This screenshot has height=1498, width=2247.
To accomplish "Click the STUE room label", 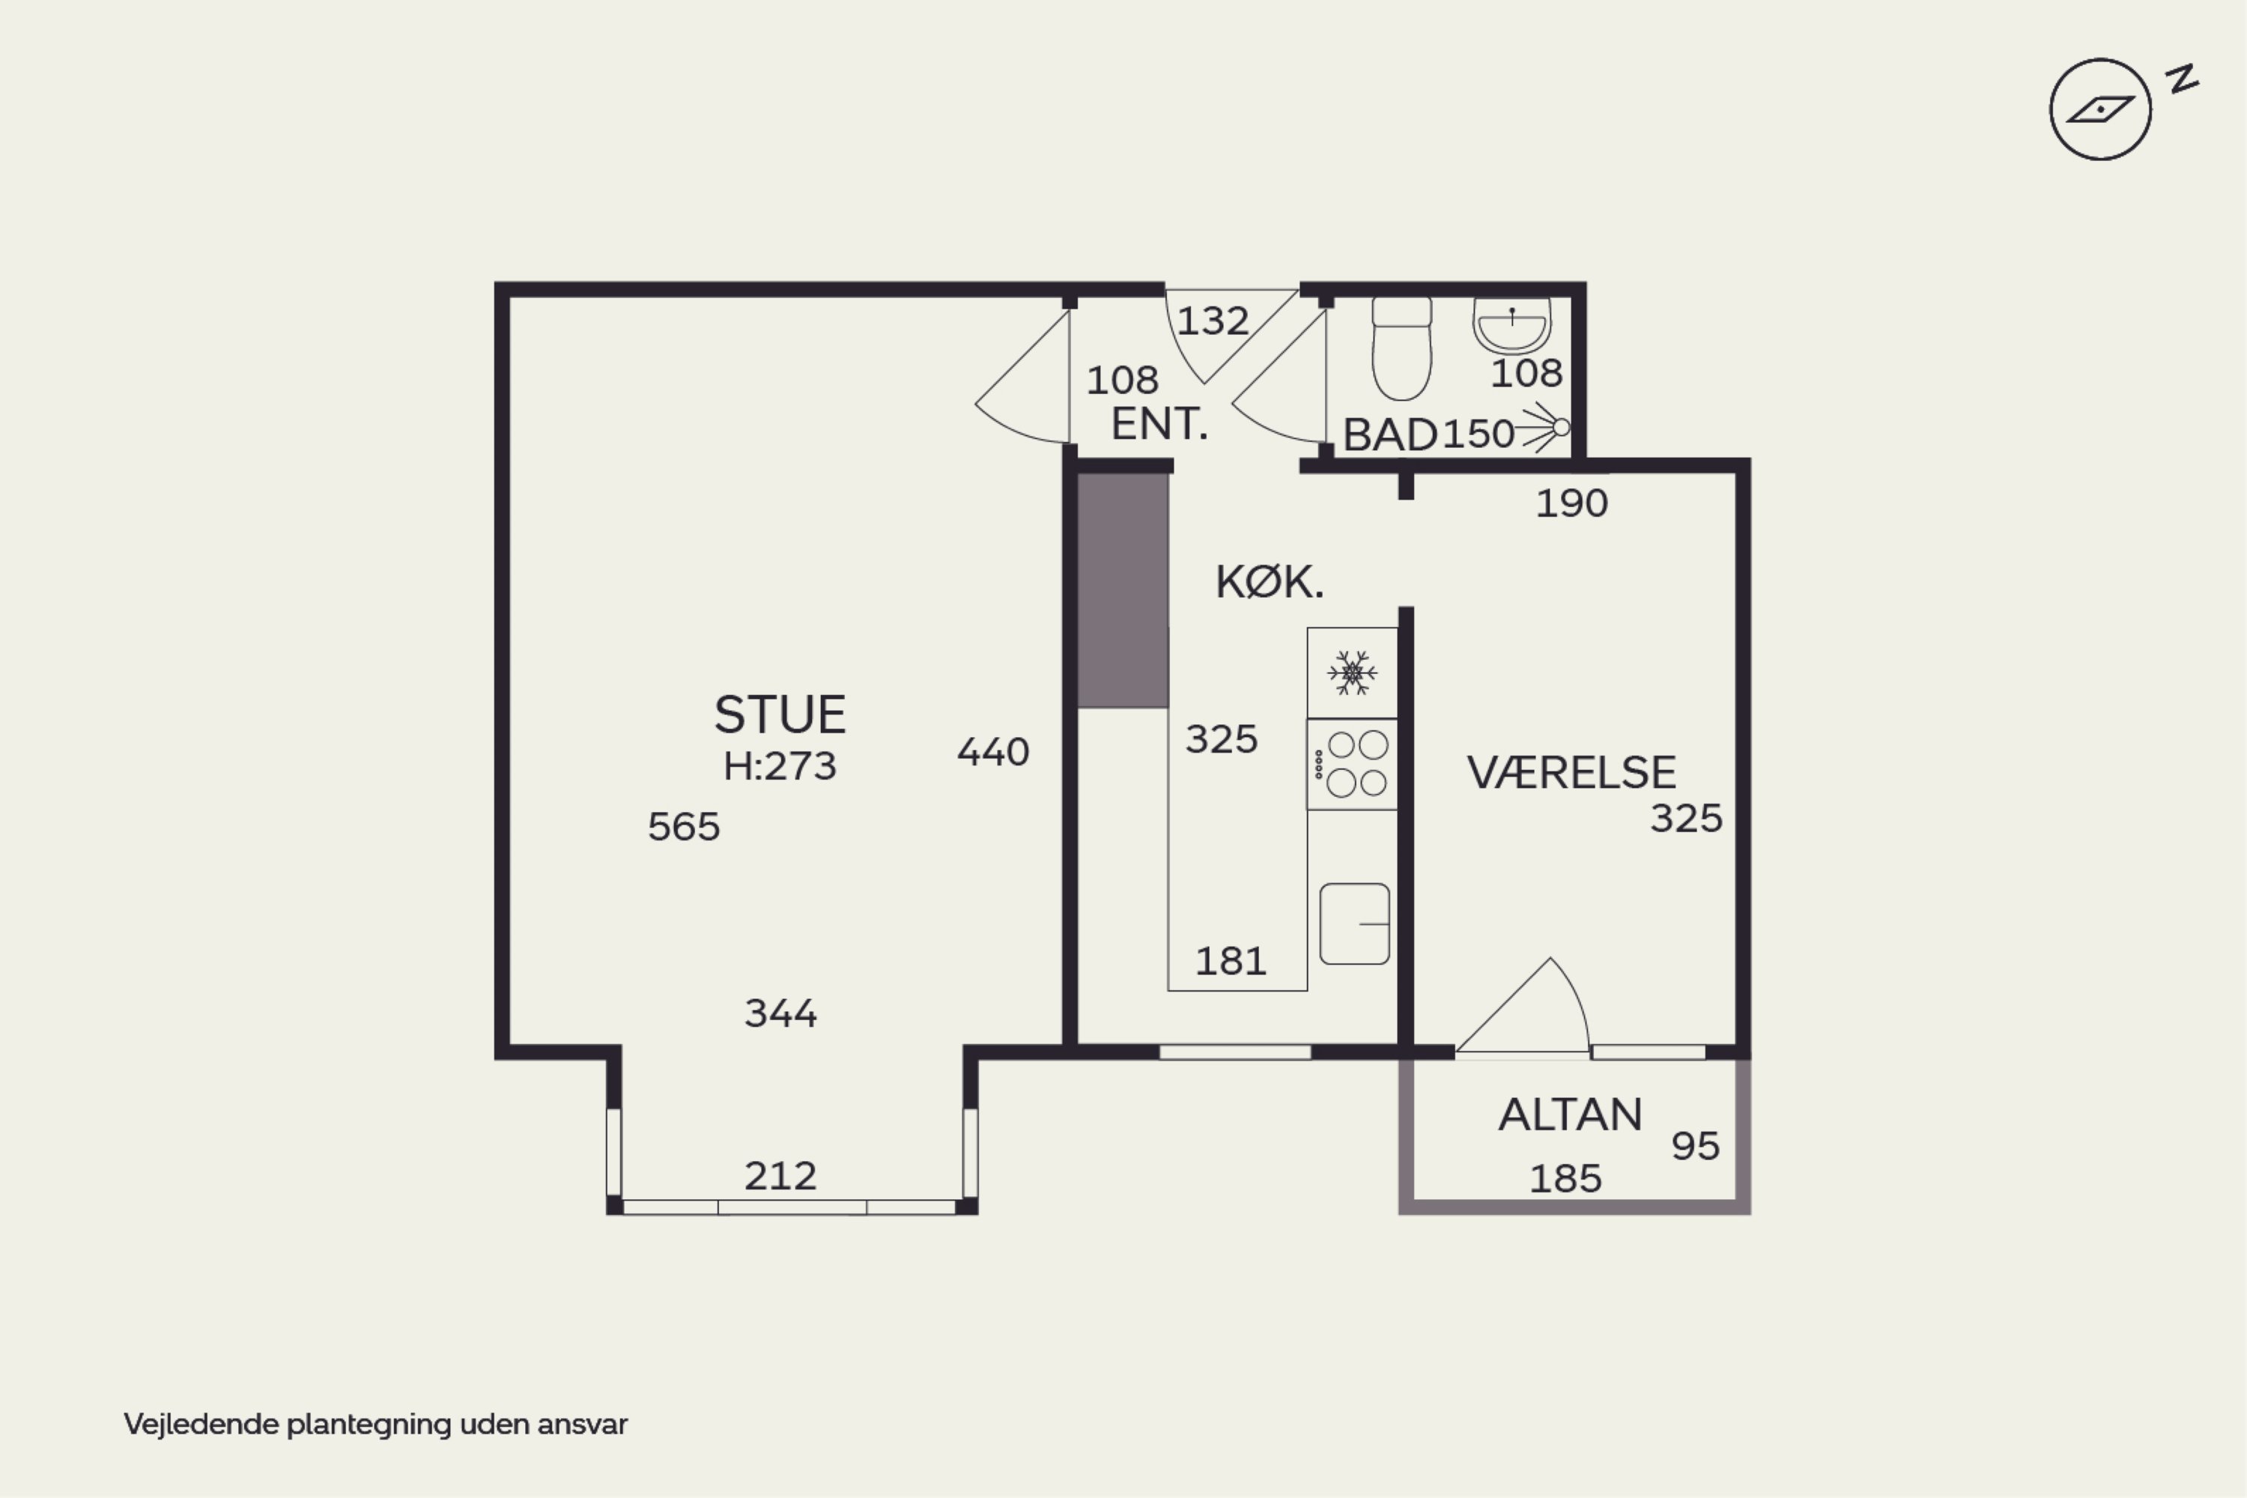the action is coord(780,715).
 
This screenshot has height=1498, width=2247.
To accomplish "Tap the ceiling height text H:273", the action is coord(780,766).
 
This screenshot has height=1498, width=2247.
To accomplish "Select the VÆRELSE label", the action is coord(1571,772).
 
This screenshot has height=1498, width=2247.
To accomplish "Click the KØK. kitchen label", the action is coord(1270,582).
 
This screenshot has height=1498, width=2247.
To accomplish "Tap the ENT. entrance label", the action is coord(1159,423).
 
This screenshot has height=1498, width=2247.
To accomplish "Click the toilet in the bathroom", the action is coord(1401,348).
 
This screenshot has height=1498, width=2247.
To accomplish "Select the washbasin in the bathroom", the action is coord(1511,325).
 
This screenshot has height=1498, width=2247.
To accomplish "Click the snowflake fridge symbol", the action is coord(1352,673).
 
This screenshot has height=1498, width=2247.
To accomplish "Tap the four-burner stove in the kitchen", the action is coord(1353,764).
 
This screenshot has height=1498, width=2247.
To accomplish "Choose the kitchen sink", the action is coord(1355,924).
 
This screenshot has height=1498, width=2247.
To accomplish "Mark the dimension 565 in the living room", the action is coord(683,826).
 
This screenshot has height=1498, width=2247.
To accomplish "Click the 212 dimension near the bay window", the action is coord(780,1176).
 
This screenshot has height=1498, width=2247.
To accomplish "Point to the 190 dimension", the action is coord(1571,503).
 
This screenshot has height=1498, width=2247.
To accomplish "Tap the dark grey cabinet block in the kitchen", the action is coord(1123,590).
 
